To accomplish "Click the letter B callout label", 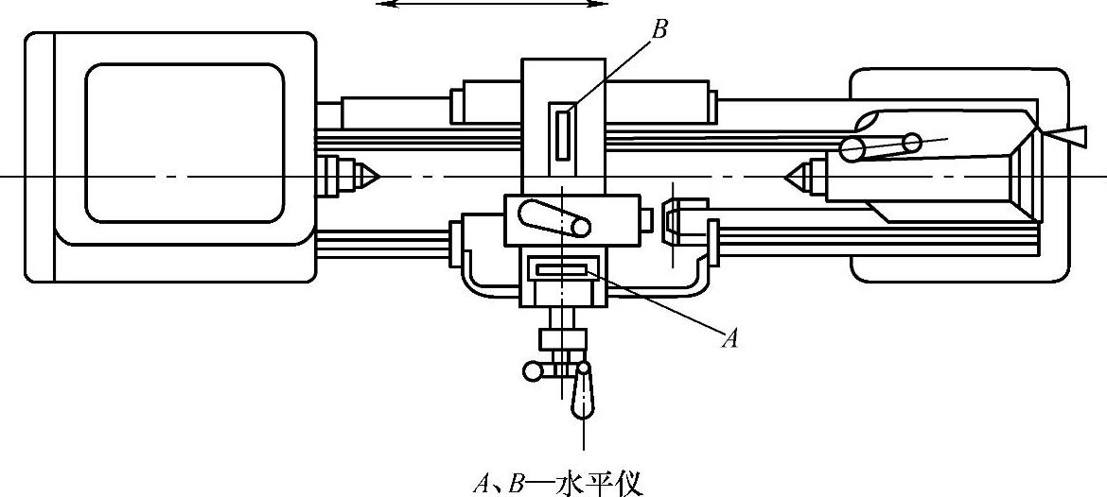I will click(x=659, y=29).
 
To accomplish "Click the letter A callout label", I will click(x=729, y=338).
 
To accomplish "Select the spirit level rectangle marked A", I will click(x=562, y=271).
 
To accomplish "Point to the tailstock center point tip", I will click(x=789, y=175).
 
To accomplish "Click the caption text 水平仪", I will click(x=596, y=485).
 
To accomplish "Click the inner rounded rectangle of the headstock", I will click(x=184, y=142).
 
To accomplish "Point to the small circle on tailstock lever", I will click(x=911, y=143).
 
